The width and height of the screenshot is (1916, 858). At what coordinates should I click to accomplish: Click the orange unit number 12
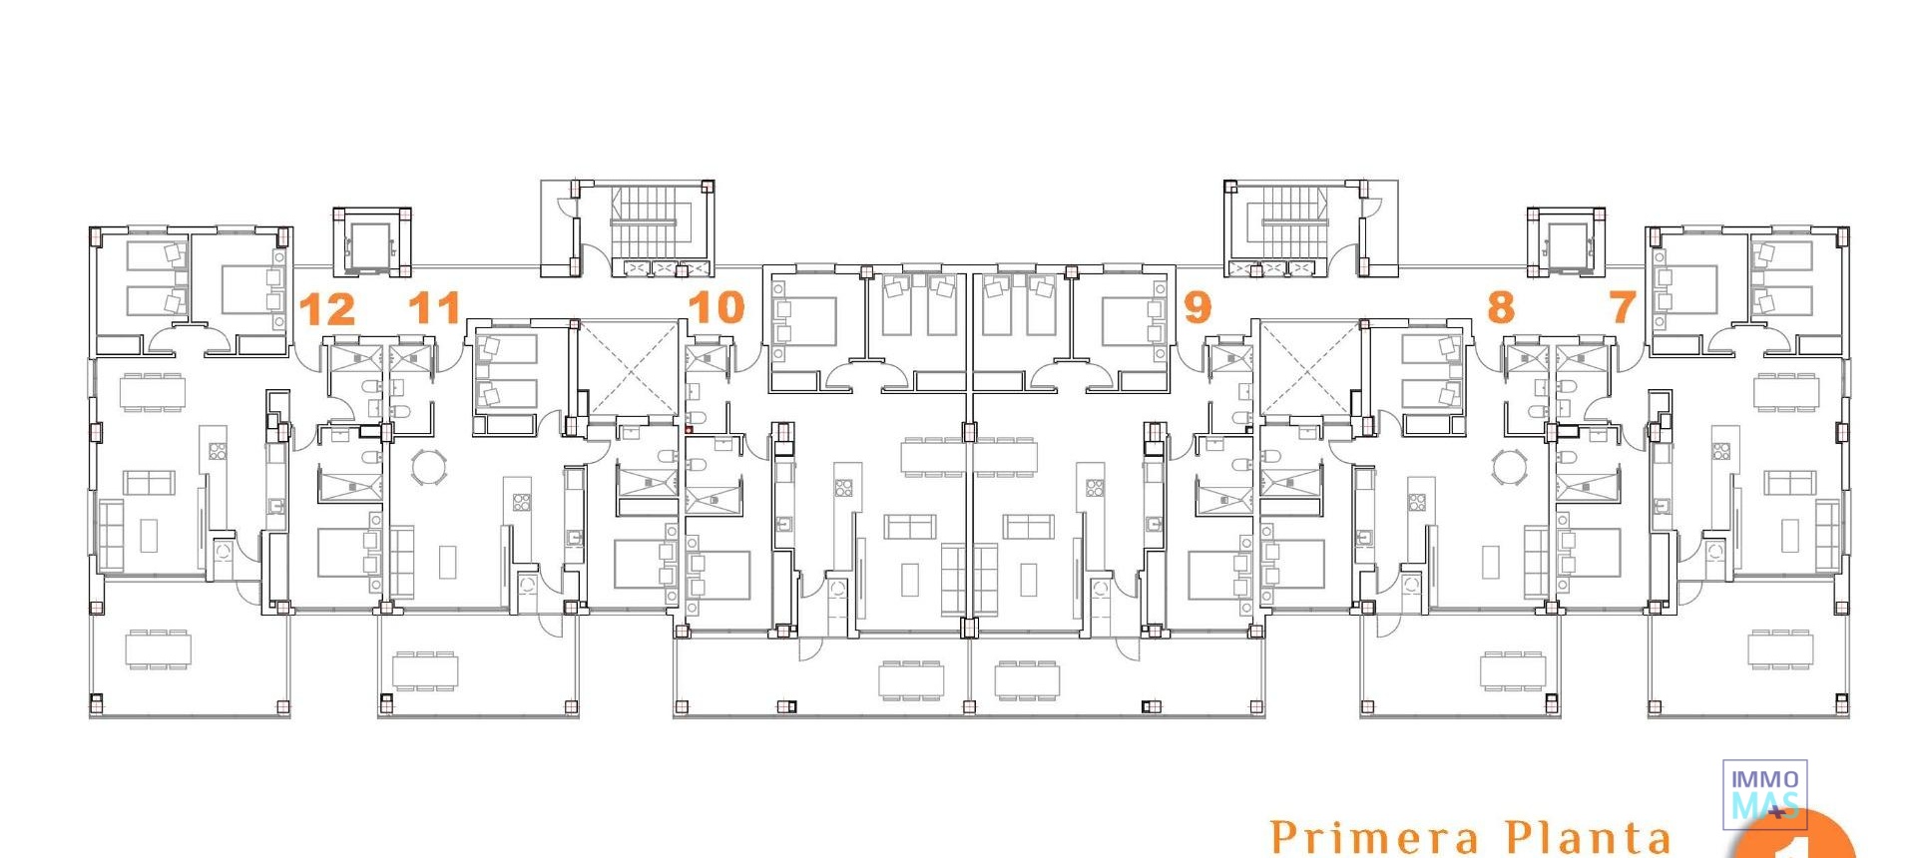point(327,309)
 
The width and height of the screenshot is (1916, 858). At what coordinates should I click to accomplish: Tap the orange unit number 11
point(435,308)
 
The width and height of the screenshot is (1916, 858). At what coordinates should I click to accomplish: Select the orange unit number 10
point(717,307)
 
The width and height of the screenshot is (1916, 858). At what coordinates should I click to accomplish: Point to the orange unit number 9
point(1197,307)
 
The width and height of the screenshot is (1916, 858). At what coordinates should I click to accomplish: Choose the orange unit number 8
point(1500,307)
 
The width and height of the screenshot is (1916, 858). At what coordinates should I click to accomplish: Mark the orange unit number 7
point(1623,307)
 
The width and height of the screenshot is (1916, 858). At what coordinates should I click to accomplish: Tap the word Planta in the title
point(1587,836)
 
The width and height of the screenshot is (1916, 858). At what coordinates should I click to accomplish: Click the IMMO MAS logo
point(1764,794)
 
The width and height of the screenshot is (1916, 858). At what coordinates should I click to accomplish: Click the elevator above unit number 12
point(370,242)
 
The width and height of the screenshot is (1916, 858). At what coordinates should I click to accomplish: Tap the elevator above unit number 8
point(1565,242)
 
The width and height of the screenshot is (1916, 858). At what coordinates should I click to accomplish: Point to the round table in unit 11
point(430,467)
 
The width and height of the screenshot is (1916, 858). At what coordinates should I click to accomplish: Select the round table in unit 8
point(1509,466)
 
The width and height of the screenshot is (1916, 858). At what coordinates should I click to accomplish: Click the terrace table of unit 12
point(158,649)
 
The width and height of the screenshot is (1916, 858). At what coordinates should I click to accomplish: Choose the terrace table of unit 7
point(1778,648)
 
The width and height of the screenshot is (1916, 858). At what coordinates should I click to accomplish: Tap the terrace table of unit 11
point(425,670)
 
